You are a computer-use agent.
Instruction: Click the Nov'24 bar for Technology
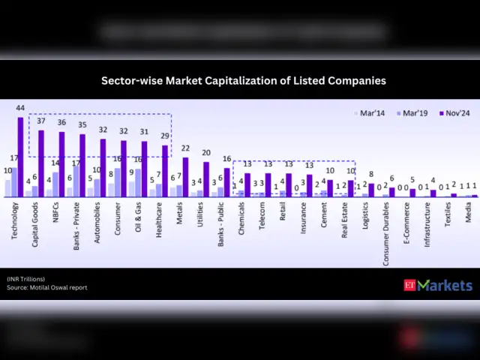tap(21, 157)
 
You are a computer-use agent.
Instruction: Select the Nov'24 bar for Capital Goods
tap(41, 163)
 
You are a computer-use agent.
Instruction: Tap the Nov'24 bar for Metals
tap(185, 177)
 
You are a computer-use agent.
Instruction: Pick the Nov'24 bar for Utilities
tap(206, 179)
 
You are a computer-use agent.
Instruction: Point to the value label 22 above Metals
tap(185, 149)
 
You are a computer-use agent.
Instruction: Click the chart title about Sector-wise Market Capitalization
tap(244, 79)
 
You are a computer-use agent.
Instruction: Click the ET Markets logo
tap(439, 285)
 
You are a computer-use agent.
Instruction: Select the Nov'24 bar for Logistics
tap(370, 190)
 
